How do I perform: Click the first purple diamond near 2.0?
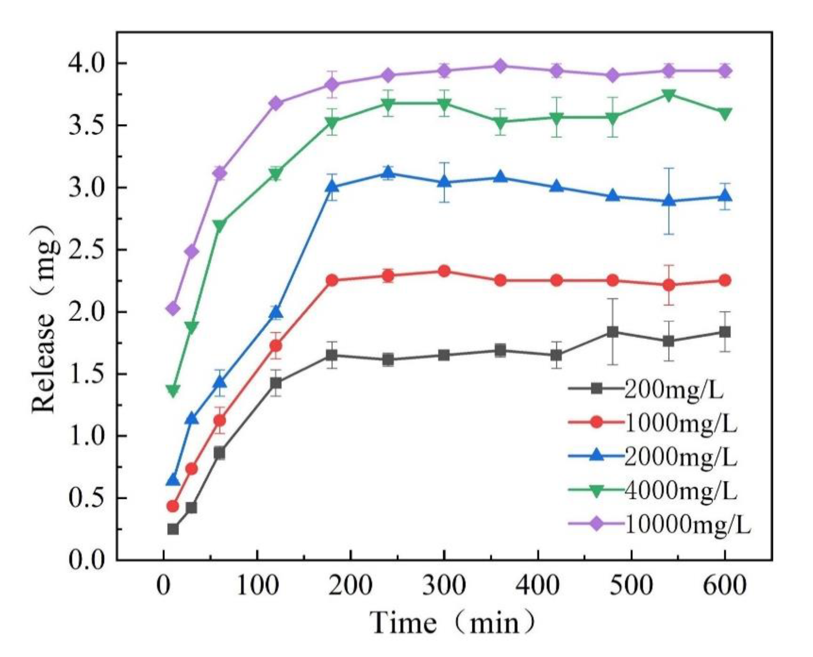click(x=173, y=309)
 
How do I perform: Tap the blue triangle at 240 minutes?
click(x=388, y=173)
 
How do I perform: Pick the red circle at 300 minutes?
click(x=444, y=271)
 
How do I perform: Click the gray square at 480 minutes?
click(x=613, y=332)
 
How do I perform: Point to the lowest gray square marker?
click(x=173, y=529)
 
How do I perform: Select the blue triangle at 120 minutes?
click(x=276, y=313)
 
